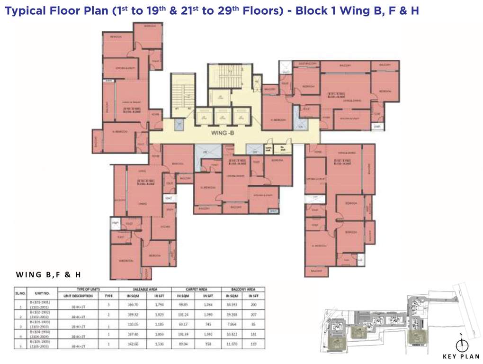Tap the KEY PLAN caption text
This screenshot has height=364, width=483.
click(461, 356)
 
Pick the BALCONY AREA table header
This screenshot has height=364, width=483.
click(244, 289)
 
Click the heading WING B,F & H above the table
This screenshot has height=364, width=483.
click(50, 274)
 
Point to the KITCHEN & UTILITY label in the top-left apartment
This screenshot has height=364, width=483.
click(120, 69)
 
